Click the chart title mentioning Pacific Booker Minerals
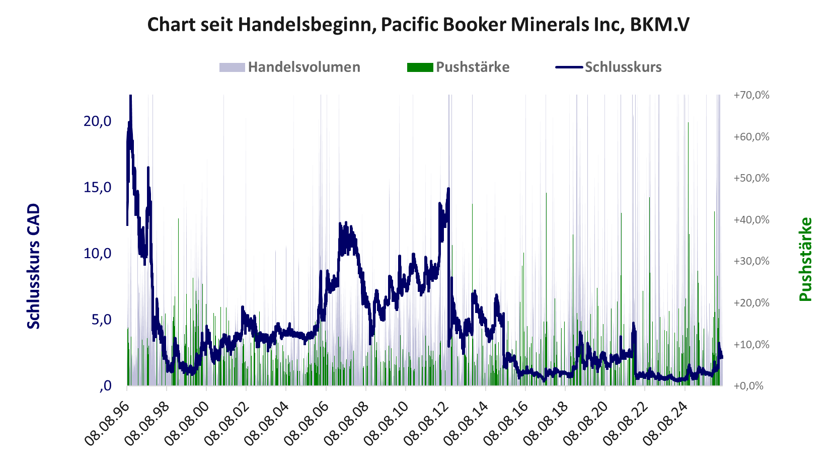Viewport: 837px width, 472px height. click(x=418, y=25)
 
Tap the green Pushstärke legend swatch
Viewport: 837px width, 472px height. click(x=420, y=67)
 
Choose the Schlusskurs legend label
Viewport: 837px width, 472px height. click(x=623, y=67)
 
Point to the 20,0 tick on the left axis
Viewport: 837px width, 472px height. click(x=97, y=121)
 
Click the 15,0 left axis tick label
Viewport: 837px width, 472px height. click(x=97, y=187)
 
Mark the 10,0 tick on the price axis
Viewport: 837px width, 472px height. click(x=97, y=254)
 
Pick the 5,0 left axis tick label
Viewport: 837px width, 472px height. click(x=101, y=320)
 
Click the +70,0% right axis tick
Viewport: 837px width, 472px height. click(x=751, y=95)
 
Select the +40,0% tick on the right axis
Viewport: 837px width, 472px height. click(x=751, y=219)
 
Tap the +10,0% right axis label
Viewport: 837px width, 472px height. click(x=751, y=344)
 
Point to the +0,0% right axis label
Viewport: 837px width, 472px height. click(x=748, y=385)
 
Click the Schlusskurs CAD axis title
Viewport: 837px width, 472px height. click(x=34, y=266)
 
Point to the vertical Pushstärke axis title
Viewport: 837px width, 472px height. click(x=805, y=259)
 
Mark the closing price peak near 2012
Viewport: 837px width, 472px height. click(x=448, y=189)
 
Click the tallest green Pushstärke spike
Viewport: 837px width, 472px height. click(x=689, y=254)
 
